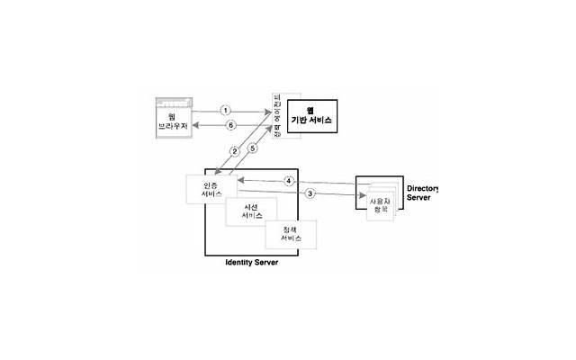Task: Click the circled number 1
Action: coord(226,110)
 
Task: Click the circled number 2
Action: coord(234,150)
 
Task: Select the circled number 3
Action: coord(310,193)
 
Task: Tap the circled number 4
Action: coord(289,181)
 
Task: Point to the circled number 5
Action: coord(253,148)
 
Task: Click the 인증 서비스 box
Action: coord(211,191)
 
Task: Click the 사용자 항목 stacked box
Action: coord(379,206)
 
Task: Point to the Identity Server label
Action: coord(251,263)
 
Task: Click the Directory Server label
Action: coord(421,193)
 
